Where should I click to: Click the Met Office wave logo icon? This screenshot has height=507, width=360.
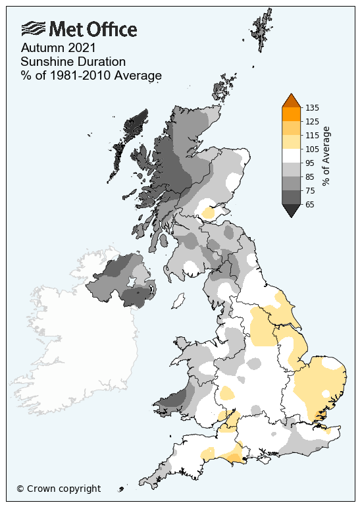click(34, 29)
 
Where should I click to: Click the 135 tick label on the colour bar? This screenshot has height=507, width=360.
click(313, 107)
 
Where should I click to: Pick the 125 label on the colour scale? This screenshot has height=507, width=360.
click(313, 121)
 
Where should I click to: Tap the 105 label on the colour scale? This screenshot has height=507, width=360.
click(313, 149)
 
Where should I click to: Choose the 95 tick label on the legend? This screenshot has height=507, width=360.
click(311, 163)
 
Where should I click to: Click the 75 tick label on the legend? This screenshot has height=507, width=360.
click(311, 190)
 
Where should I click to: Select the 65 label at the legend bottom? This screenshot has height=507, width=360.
click(311, 205)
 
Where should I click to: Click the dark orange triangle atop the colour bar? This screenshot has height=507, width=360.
click(291, 100)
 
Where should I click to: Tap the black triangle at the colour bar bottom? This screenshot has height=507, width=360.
click(291, 211)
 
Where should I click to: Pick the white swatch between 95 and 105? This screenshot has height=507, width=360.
click(291, 155)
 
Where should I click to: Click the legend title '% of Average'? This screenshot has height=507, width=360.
click(327, 156)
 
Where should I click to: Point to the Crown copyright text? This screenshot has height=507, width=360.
click(59, 489)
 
